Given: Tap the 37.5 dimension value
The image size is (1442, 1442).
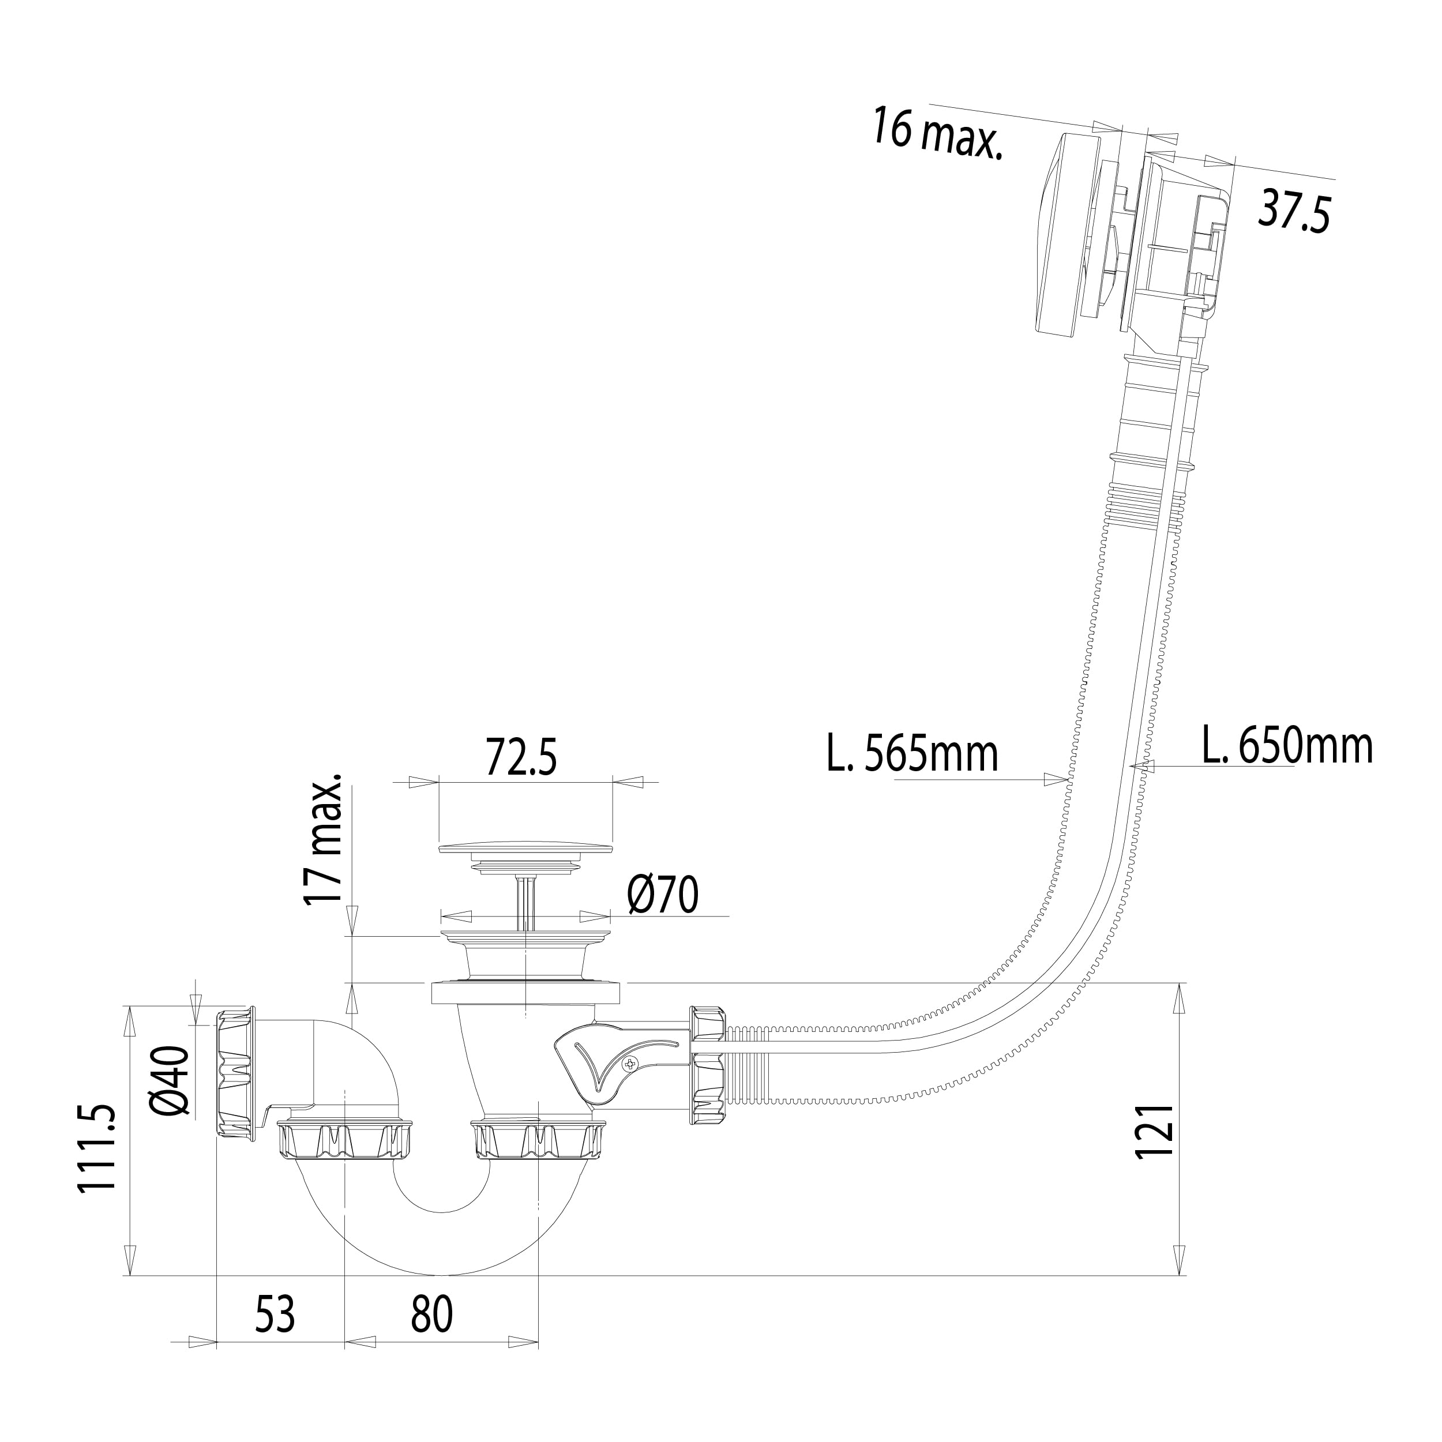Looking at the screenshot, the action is pos(1293,212).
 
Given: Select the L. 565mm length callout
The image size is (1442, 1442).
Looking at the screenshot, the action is pos(912,754).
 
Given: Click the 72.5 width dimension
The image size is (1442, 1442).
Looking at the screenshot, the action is pos(521,757).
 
